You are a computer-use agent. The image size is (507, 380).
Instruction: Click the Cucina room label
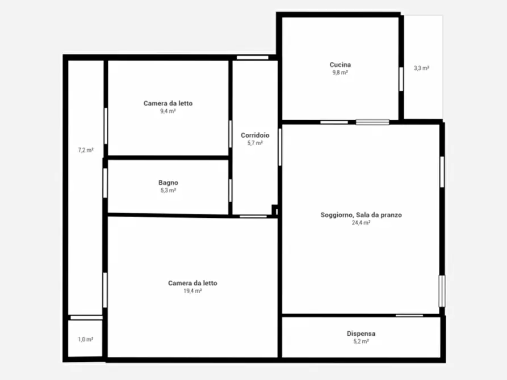340,65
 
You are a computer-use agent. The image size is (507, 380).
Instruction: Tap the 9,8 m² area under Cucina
340,73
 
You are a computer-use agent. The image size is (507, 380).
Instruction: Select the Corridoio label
255,135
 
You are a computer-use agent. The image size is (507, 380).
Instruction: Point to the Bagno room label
168,183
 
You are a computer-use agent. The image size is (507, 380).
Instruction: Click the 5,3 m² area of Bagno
168,191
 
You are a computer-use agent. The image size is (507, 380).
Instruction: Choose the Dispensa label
361,333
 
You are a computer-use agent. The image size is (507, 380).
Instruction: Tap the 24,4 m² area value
361,223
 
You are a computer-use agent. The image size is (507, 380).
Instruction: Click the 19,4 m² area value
192,291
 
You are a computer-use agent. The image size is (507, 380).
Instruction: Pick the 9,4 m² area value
168,111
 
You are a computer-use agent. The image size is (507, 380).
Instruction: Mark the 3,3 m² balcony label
422,68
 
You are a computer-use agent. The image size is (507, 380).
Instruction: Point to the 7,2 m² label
86,150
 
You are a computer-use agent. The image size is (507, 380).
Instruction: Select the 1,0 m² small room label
86,339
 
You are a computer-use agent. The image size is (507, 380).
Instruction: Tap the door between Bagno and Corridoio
230,191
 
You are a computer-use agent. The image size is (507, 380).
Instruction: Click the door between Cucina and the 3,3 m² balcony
401,79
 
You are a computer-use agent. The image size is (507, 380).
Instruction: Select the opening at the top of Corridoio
253,57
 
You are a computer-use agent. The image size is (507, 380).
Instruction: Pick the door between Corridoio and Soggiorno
280,147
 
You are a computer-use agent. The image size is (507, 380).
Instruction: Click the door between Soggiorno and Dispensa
409,315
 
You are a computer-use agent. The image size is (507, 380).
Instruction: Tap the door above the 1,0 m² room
86,318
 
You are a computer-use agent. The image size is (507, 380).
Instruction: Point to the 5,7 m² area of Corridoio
255,143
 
